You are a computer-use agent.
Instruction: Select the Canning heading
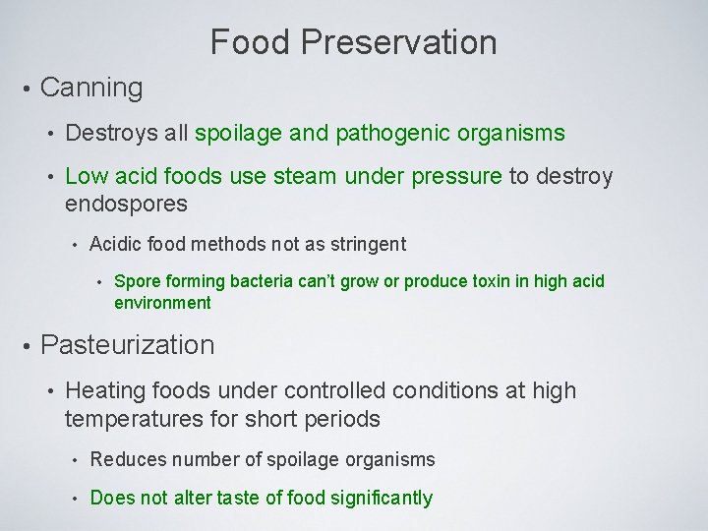tap(91, 88)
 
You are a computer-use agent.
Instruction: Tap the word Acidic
tap(115, 243)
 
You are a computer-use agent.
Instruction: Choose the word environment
tap(162, 303)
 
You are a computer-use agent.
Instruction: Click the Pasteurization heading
tap(127, 345)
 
